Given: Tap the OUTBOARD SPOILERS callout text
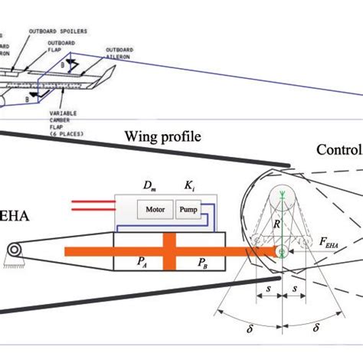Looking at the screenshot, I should (58, 31).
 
